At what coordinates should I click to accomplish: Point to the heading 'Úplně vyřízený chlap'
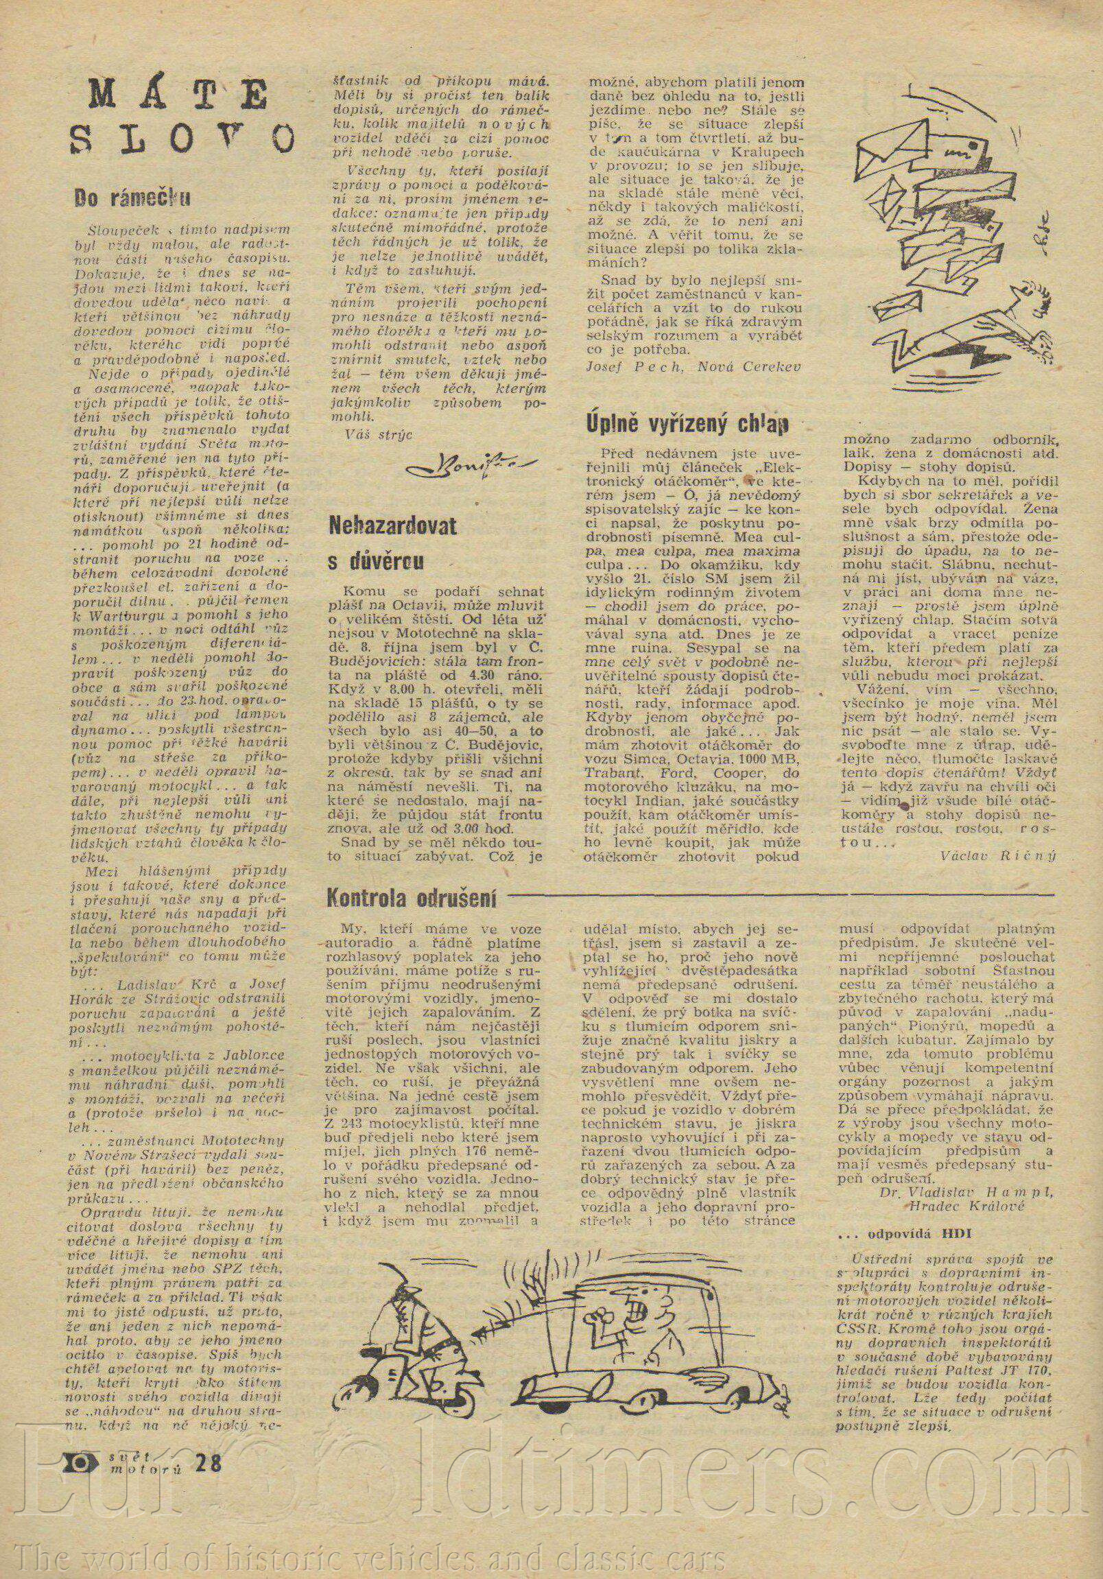(685, 424)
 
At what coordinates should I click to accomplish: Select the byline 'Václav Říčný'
(997, 855)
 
